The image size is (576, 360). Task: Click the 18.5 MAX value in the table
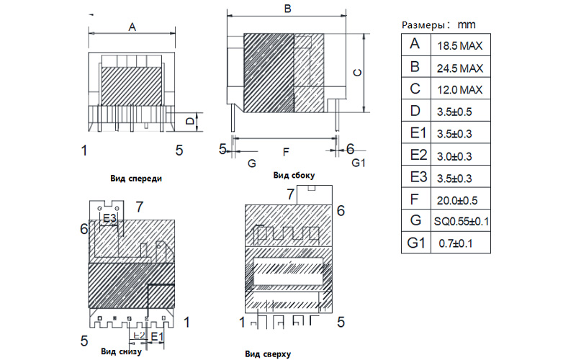coord(459,46)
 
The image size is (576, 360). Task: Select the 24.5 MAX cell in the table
coord(459,68)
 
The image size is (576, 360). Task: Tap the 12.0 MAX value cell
coord(459,90)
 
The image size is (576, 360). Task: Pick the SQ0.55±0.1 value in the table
coord(462,222)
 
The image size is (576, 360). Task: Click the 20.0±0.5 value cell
coord(457,201)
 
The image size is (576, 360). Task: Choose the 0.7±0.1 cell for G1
coord(456,243)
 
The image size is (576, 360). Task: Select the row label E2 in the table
coord(418,155)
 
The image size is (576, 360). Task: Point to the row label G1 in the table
coord(416,243)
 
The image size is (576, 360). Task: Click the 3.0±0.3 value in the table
coord(454,156)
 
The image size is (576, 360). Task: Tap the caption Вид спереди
coord(136,179)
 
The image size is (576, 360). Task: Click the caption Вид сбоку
coord(294,176)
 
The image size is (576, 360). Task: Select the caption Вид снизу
coord(121,351)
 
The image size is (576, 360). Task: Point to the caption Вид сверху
coord(268,354)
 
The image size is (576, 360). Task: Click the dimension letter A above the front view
coord(132,27)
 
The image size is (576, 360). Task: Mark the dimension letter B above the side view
coord(288,9)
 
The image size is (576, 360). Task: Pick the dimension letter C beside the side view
coord(357,73)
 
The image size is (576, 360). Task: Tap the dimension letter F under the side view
coord(286,152)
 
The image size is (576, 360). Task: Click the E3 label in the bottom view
coord(109,218)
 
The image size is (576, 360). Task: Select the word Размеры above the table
coord(423,25)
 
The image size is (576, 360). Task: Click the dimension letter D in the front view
coord(189,121)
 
